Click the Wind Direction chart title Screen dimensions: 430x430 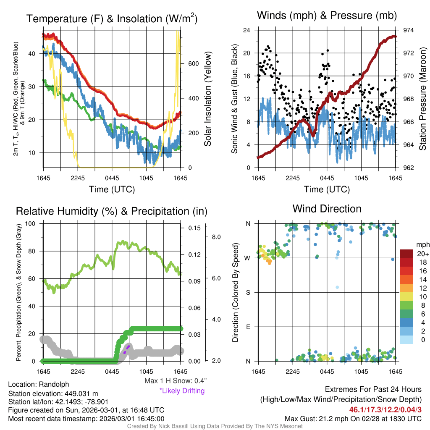(x=327, y=209)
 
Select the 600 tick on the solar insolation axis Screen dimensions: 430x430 (x=193, y=63)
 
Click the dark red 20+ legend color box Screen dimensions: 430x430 (x=407, y=254)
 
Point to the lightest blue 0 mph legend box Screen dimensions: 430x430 (x=407, y=339)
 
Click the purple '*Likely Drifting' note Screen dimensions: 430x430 (x=182, y=391)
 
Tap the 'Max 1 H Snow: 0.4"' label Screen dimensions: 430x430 (x=175, y=381)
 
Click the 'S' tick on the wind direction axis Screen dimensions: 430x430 (x=248, y=292)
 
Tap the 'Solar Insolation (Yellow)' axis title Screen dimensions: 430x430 (x=207, y=99)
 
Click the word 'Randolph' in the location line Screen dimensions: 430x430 (x=54, y=384)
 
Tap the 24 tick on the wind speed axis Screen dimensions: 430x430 (x=247, y=30)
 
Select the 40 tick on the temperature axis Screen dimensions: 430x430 (x=32, y=53)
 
